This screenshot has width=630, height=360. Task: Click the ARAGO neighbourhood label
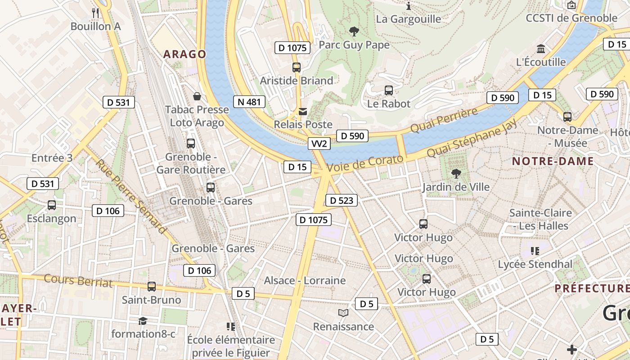click(x=184, y=54)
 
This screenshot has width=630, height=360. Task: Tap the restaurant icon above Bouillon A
click(x=95, y=13)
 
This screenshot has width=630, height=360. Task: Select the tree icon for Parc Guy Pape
click(x=354, y=31)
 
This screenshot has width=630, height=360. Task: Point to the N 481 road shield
click(x=249, y=102)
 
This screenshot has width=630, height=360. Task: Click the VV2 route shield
click(x=319, y=144)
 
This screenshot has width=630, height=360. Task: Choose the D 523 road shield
click(x=341, y=200)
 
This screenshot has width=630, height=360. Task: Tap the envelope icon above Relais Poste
click(x=303, y=111)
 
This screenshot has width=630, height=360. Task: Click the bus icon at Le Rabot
click(x=389, y=90)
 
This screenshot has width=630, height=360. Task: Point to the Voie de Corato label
click(x=365, y=163)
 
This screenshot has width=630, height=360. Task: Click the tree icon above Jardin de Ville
click(x=456, y=174)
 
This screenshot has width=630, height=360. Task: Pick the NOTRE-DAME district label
click(x=553, y=161)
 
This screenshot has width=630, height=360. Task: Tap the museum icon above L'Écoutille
click(x=541, y=49)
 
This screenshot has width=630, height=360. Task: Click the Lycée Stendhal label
click(x=535, y=264)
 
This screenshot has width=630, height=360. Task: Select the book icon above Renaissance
click(x=343, y=313)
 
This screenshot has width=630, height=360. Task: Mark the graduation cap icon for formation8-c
click(x=143, y=320)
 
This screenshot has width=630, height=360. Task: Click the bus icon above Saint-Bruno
click(x=152, y=286)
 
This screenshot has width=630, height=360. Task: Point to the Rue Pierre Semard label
click(x=130, y=197)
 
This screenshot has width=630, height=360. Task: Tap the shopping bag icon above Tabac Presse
click(x=197, y=96)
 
